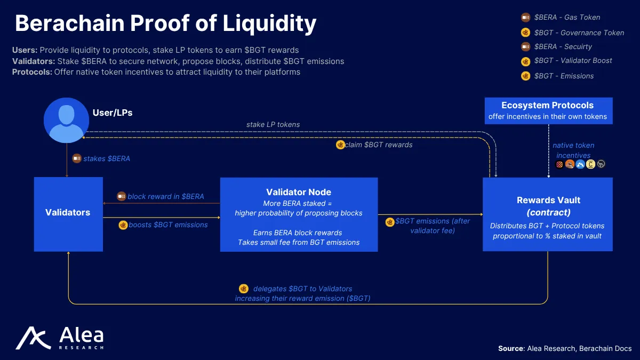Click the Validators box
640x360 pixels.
coord(68,213)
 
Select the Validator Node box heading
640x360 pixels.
coord(299,192)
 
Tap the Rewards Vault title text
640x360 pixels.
coord(548,201)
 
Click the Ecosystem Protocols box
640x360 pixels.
coord(548,110)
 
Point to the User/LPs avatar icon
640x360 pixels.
coord(66,120)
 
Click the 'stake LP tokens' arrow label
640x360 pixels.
coord(273,124)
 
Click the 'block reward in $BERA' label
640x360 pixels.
coord(165,196)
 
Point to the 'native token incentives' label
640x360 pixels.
coord(573,150)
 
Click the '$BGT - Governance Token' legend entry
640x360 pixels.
coord(579,33)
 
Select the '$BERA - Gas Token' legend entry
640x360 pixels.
coord(567,17)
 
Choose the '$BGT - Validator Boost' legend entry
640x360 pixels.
coord(573,61)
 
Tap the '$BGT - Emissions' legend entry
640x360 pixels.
coord(564,76)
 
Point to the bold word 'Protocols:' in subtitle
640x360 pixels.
coord(32,71)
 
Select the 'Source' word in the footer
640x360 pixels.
coord(510,348)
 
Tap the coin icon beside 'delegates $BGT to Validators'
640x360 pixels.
coord(244,289)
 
